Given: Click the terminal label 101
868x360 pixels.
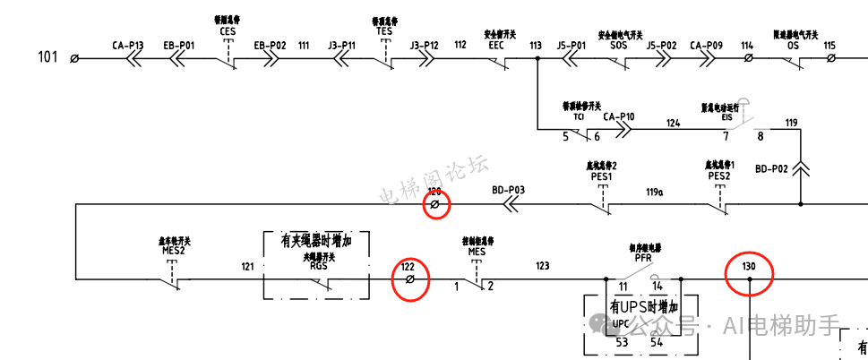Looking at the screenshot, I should pos(47,57).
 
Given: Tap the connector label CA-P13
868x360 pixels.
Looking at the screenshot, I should pos(128,44).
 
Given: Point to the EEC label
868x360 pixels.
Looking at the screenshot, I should pos(495,44).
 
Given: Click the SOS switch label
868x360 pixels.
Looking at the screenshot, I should pos(619,44).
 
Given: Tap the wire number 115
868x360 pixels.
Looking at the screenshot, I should pos(829,44).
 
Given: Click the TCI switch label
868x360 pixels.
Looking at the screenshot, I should pos(579,116).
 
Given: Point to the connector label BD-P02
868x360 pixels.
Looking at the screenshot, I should pos(771,168).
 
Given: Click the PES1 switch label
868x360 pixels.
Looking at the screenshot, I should pos(602,176).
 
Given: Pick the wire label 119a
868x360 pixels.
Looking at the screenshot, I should pos(656,192).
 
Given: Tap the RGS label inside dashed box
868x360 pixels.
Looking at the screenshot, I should pos(319,265).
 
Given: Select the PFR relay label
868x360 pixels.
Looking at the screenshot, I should pos(642,257).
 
